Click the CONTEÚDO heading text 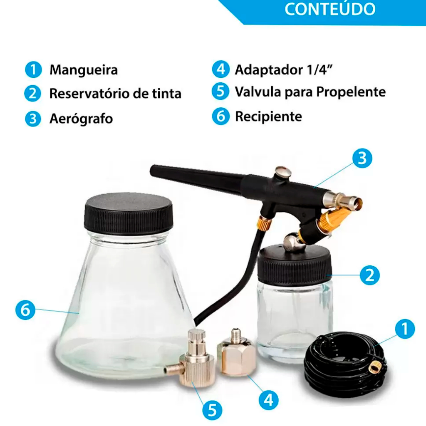(x=330, y=9)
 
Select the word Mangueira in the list (x=84, y=70)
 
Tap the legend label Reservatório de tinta (x=115, y=94)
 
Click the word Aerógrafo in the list (x=81, y=119)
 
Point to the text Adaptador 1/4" (x=283, y=69)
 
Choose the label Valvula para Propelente (x=310, y=92)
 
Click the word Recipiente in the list (x=268, y=116)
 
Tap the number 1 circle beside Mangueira (x=33, y=69)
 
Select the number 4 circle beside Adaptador (x=220, y=69)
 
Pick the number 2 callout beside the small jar (x=370, y=275)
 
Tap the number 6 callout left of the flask (x=25, y=310)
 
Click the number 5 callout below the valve (x=212, y=410)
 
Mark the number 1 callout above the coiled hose (x=405, y=329)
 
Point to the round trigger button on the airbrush (x=282, y=172)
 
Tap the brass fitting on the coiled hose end (x=375, y=368)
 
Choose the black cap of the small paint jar (x=294, y=266)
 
